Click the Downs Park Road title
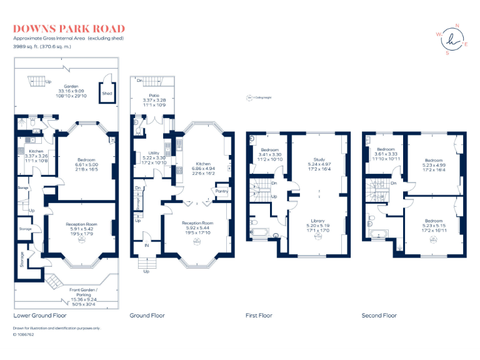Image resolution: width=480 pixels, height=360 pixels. click(x=69, y=29)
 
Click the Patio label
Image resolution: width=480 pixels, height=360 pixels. click(x=154, y=94)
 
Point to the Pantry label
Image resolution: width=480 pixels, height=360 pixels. click(x=221, y=191)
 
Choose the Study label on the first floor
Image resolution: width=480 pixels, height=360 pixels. click(x=319, y=159)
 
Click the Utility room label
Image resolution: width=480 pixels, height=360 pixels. click(x=154, y=153)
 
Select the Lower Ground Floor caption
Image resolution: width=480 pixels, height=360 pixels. click(x=40, y=316)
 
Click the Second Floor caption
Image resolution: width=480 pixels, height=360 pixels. click(x=379, y=316)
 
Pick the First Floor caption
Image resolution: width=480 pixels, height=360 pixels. click(x=259, y=316)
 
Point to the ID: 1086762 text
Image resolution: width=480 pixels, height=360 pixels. click(x=23, y=334)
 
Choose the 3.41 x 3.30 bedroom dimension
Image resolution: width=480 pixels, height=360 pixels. click(x=269, y=155)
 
